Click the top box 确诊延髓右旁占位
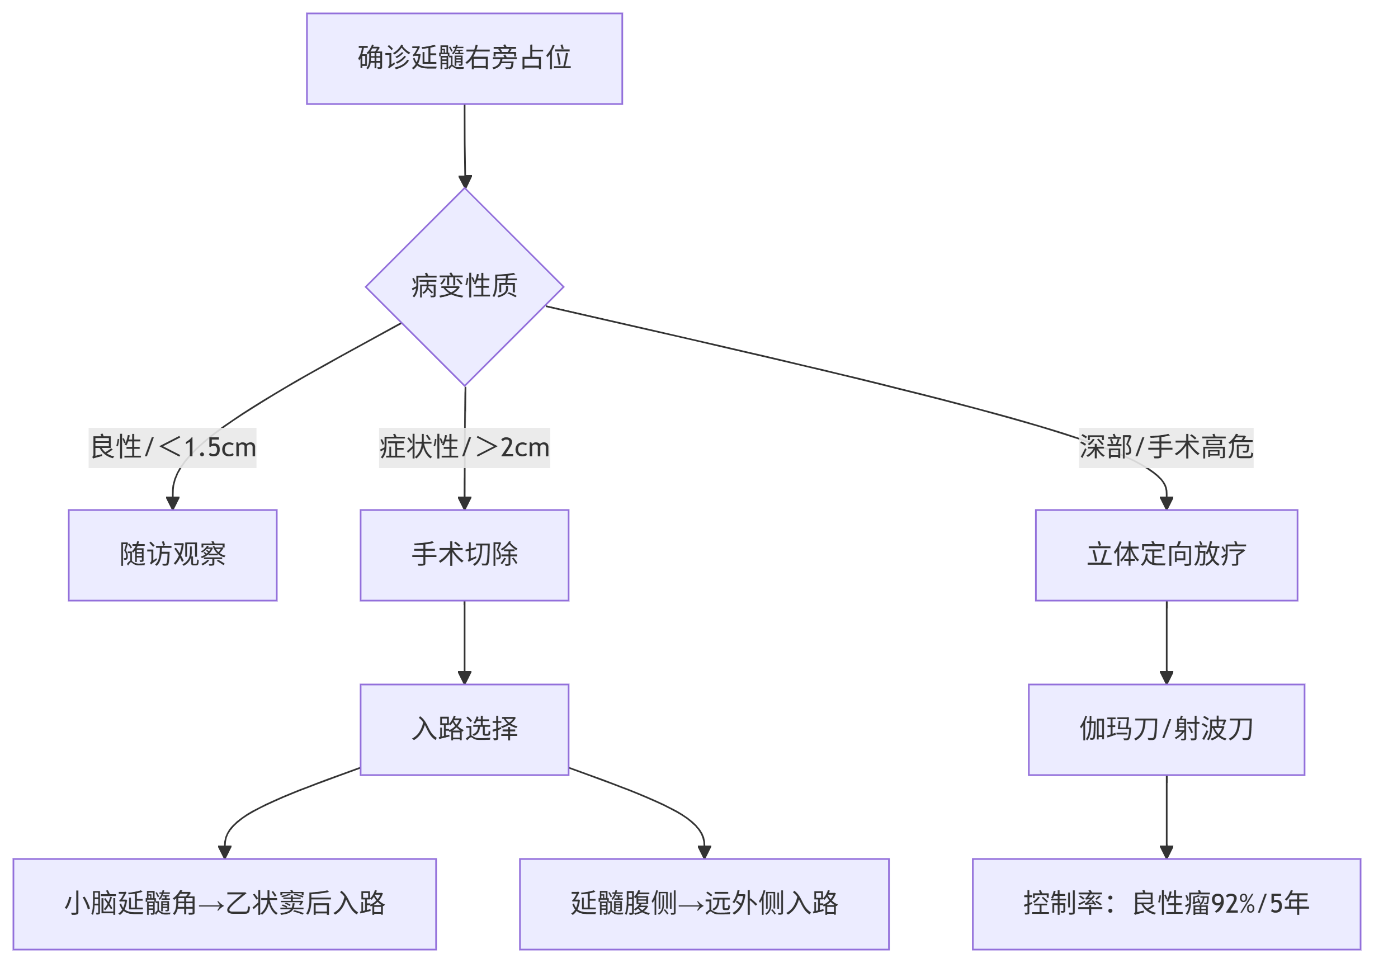click(x=464, y=59)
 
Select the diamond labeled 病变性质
click(x=464, y=287)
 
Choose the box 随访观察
click(x=172, y=555)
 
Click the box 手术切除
click(x=464, y=555)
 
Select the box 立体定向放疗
click(x=1167, y=555)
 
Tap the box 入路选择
click(x=464, y=729)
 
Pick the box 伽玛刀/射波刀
click(x=1167, y=729)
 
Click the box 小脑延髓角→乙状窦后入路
click(x=224, y=903)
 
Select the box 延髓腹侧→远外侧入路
click(x=705, y=903)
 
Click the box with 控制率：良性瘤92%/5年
click(x=1167, y=903)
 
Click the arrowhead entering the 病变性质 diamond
click(x=465, y=182)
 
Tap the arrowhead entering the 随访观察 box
click(x=173, y=503)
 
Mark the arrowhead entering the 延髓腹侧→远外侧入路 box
click(x=705, y=851)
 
